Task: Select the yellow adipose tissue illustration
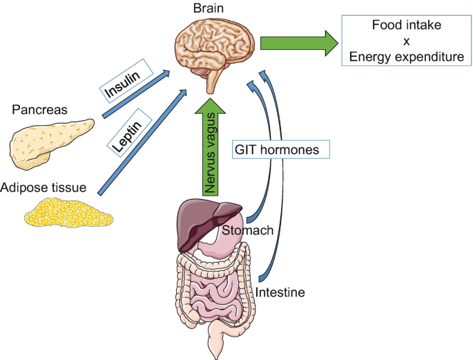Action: click(x=68, y=211)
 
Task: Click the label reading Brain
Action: click(x=211, y=10)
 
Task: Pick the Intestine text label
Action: click(x=280, y=292)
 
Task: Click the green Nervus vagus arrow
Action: click(x=211, y=149)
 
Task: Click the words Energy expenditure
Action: click(x=406, y=57)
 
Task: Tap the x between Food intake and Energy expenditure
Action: click(x=406, y=41)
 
